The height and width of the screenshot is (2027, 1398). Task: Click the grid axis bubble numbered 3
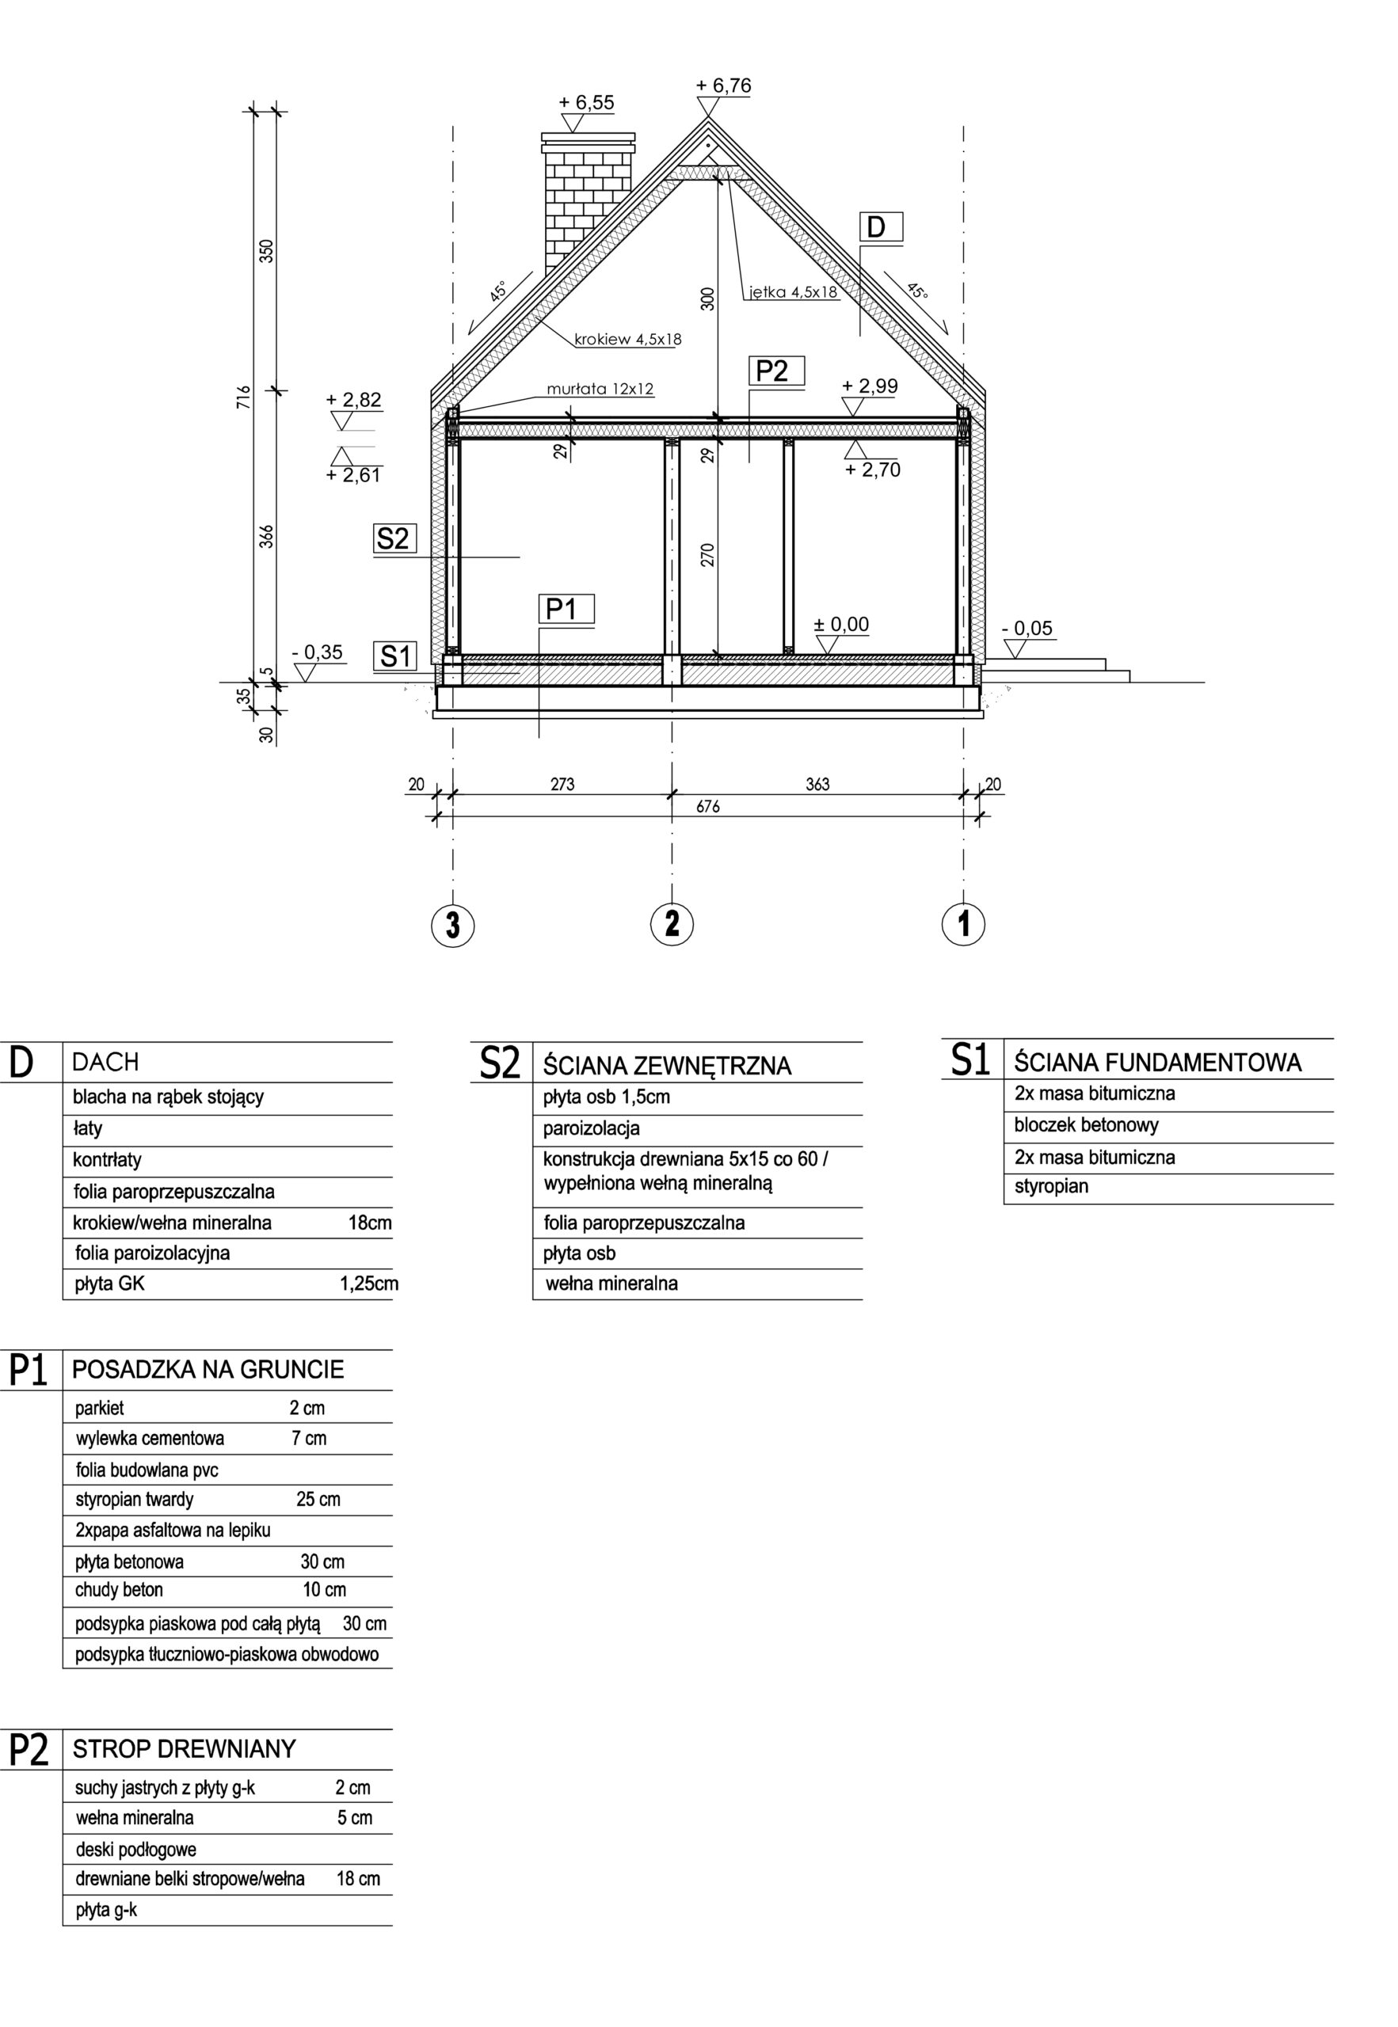(453, 925)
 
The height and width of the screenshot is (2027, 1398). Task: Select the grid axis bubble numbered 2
(672, 923)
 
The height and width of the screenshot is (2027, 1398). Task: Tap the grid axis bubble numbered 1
(963, 924)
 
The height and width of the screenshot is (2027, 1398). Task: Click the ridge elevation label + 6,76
(722, 86)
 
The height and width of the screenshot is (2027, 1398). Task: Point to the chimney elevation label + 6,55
(586, 102)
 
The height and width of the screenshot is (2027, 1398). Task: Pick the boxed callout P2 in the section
(771, 371)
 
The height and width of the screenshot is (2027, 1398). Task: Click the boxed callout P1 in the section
(562, 609)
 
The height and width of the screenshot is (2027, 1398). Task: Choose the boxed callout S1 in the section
(395, 656)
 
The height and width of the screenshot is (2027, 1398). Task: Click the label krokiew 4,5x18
(627, 340)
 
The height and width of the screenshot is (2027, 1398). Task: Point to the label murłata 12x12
(600, 389)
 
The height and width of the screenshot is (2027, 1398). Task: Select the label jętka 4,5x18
(794, 292)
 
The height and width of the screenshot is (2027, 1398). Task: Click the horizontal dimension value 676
(708, 806)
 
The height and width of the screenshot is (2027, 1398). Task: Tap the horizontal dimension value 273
(562, 785)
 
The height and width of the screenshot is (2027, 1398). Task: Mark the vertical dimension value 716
(245, 397)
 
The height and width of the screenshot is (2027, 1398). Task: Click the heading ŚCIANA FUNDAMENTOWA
(1157, 1062)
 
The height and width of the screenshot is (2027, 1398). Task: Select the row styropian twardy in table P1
(134, 1500)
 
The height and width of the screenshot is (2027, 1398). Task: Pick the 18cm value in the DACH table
(370, 1223)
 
